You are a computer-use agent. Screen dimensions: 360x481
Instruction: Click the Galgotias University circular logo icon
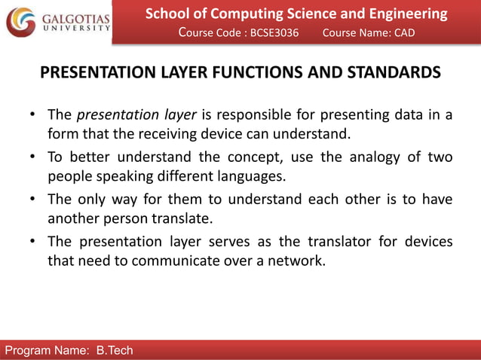[x=20, y=22]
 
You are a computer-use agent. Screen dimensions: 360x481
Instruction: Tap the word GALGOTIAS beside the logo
[x=75, y=17]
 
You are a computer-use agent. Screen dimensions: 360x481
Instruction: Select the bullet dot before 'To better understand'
[x=34, y=157]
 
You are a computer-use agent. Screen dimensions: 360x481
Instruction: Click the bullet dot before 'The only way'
[x=34, y=200]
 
